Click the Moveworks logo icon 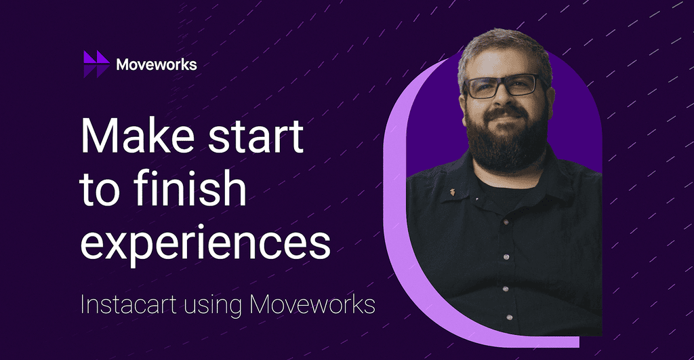point(96,64)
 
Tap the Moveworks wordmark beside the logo point(156,64)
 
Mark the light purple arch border point(399,203)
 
